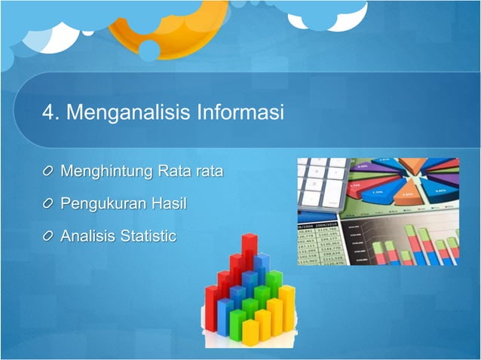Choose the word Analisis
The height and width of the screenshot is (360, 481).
click(x=87, y=236)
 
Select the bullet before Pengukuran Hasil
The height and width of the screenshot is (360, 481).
click(x=48, y=204)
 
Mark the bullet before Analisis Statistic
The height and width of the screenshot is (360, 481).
click(x=48, y=236)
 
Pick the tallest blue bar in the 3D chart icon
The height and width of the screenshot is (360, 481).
click(x=261, y=271)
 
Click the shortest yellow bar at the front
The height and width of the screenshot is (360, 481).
click(x=250, y=331)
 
